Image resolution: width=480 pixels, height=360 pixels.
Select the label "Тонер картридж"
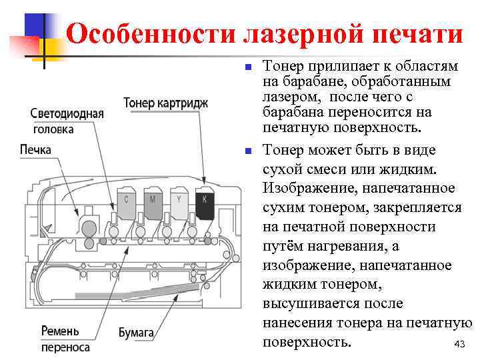tap(166, 103)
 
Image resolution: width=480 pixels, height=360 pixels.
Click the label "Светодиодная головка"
tap(67, 121)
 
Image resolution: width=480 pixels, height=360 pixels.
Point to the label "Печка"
tap(35, 149)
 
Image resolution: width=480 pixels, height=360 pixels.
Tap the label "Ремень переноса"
tap(65, 339)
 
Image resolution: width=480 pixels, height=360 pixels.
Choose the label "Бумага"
tap(136, 331)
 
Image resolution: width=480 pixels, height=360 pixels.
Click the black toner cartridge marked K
tap(205, 204)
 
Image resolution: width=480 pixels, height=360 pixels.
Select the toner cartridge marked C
tap(127, 204)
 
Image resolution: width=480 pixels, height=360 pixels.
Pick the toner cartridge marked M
tap(153, 204)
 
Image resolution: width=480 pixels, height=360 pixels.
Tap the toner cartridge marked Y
tap(179, 204)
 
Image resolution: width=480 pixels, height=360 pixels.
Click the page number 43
tap(458, 344)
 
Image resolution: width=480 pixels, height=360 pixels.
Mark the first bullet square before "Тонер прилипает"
tap(247, 67)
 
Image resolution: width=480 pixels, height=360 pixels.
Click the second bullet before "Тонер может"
tap(247, 151)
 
